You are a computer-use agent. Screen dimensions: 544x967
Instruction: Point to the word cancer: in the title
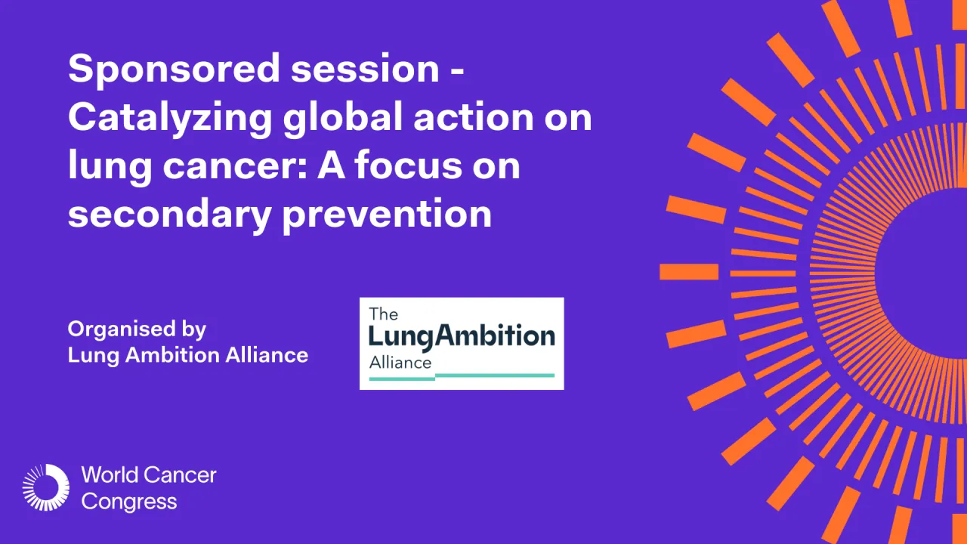[x=231, y=167]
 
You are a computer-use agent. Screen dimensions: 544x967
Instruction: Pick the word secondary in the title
[x=169, y=215]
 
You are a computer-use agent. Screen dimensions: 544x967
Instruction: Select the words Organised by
[x=137, y=330]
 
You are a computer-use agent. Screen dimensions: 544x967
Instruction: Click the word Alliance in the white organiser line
[x=267, y=354]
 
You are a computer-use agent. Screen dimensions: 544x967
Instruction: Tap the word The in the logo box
[x=383, y=314]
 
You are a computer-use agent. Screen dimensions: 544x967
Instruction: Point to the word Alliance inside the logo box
[x=400, y=362]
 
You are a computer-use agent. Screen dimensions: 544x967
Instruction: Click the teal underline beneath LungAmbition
[x=495, y=375]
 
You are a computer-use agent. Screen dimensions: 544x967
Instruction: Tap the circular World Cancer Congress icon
[x=45, y=487]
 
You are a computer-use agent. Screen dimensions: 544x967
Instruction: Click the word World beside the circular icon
[x=110, y=475]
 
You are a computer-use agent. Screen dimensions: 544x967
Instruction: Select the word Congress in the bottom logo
[x=129, y=501]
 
